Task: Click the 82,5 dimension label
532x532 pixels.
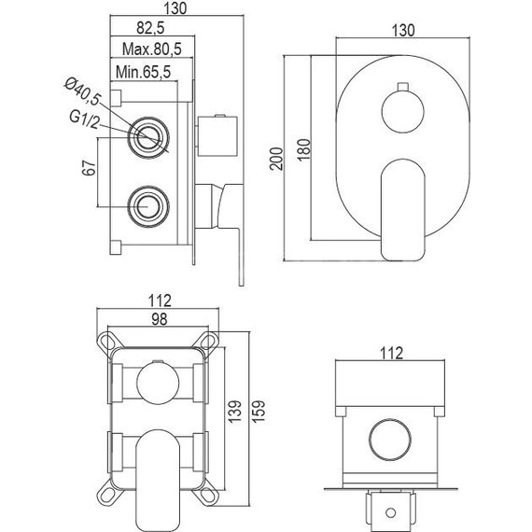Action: point(150,28)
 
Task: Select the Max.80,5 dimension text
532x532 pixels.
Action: point(151,49)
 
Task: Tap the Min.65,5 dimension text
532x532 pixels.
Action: point(143,72)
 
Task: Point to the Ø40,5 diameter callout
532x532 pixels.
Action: point(82,91)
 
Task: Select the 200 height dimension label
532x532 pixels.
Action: point(276,159)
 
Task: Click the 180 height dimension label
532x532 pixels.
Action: point(304,149)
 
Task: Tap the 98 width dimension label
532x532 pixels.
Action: point(159,319)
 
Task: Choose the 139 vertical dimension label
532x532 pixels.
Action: point(234,412)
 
